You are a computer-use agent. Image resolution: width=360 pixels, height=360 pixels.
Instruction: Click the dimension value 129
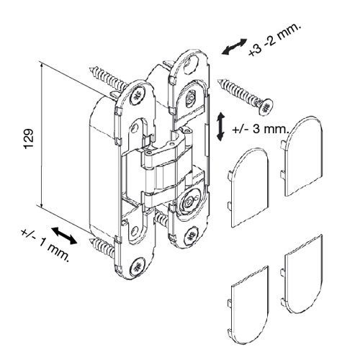point(29,139)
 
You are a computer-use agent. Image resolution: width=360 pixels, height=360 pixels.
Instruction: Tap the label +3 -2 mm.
point(274,40)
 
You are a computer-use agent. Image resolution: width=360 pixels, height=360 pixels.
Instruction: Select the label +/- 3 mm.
point(260,130)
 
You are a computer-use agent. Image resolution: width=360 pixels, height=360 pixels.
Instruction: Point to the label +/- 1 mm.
point(45,246)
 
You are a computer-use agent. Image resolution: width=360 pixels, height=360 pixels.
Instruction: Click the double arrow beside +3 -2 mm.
point(234,47)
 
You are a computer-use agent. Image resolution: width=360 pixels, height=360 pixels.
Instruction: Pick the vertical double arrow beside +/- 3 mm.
point(220,127)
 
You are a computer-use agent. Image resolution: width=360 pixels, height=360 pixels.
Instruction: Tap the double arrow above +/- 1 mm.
point(65,236)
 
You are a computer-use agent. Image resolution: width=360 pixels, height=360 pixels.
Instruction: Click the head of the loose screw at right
point(266,107)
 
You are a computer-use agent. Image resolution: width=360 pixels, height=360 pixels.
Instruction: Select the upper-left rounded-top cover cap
point(248,187)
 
